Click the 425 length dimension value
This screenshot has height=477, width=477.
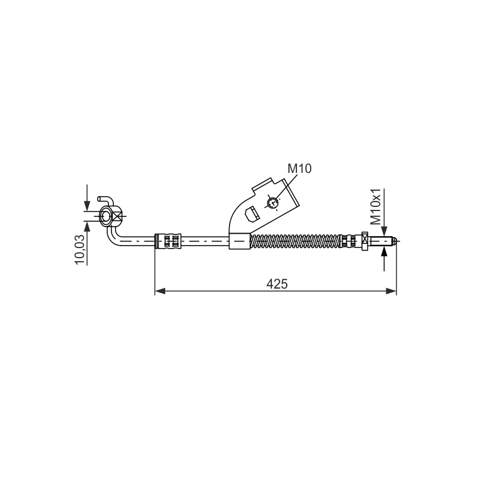pos(277,284)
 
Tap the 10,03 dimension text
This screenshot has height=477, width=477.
pos(80,249)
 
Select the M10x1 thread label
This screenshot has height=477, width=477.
pos(376,206)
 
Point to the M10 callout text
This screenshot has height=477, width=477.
pos(300,169)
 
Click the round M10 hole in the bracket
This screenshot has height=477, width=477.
pos(272,203)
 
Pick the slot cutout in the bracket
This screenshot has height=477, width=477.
pos(252,214)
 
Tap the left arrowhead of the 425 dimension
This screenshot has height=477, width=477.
pos(160,291)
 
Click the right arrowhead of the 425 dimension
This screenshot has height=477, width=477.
pos(391,291)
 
